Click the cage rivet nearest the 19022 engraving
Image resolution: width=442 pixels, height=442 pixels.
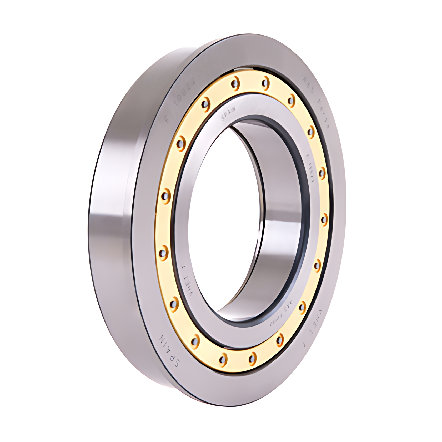click(x=205, y=103)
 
